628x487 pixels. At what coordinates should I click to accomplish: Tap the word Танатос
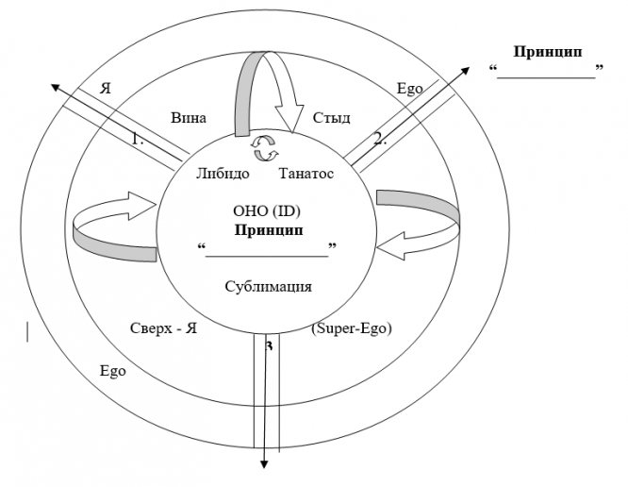pyautogui.click(x=307, y=174)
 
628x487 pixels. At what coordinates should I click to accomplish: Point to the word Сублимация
pyautogui.click(x=269, y=286)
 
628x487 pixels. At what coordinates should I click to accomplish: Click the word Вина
pyautogui.click(x=189, y=118)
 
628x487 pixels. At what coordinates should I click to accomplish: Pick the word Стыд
pyautogui.click(x=332, y=118)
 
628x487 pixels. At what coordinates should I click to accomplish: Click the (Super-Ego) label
pyautogui.click(x=351, y=328)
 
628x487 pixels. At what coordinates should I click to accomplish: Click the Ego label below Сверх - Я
pyautogui.click(x=113, y=370)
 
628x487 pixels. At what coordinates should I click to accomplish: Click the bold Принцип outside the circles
pyautogui.click(x=547, y=50)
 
